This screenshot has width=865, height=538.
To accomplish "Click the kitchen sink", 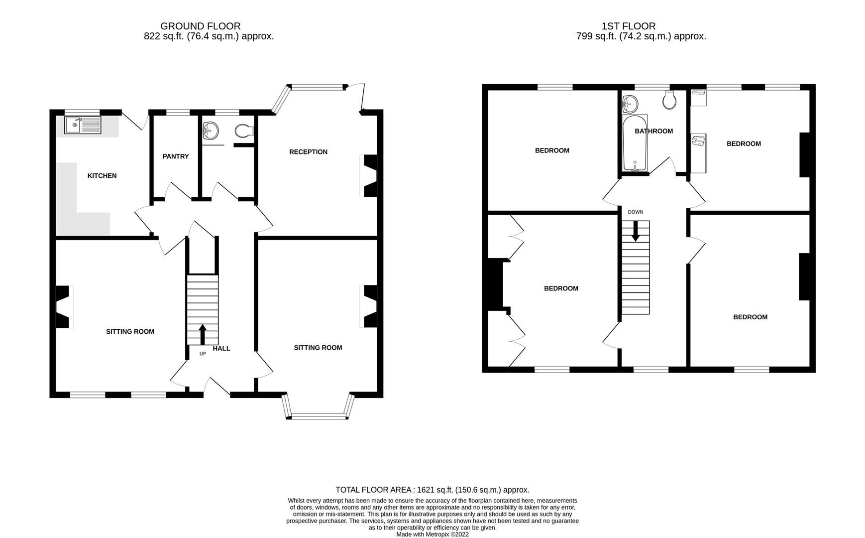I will click(82, 125).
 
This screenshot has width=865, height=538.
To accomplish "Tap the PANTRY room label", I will click(176, 156).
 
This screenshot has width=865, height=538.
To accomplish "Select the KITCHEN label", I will click(102, 176).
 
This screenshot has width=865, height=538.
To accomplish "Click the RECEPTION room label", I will click(308, 152).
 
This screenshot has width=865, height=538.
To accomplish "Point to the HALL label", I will click(221, 349).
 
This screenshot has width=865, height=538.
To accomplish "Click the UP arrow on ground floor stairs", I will click(203, 334).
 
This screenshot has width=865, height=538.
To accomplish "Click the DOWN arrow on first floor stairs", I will click(635, 232).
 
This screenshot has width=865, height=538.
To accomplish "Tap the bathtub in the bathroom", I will click(635, 143).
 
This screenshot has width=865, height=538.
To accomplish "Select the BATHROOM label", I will click(653, 131).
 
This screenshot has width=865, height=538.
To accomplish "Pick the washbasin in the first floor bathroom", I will click(630, 104).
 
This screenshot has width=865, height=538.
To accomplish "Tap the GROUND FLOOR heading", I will click(200, 26).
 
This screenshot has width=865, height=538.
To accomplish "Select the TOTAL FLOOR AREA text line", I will click(432, 490).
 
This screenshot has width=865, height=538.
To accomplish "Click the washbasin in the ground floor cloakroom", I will click(211, 131).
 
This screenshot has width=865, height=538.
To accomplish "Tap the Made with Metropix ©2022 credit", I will click(432, 534).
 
